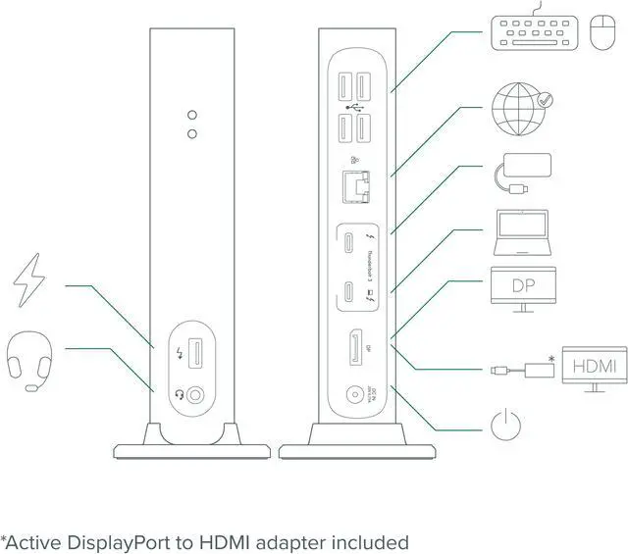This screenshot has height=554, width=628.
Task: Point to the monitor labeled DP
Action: click(523, 289)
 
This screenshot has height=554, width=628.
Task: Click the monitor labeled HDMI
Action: click(594, 368)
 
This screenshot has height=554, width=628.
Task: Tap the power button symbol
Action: click(504, 426)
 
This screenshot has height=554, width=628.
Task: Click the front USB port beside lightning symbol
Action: click(195, 356)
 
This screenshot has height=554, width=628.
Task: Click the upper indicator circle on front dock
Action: click(193, 114)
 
